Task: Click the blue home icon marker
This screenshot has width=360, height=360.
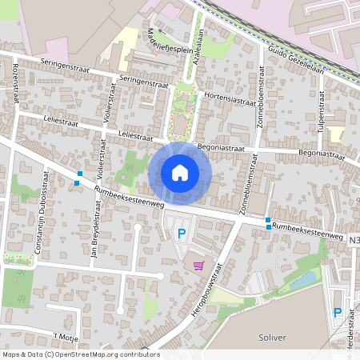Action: coord(180,173)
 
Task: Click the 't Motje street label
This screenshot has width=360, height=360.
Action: coord(66,335)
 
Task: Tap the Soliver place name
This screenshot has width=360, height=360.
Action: coord(273,338)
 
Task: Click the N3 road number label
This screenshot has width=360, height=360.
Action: coord(354,238)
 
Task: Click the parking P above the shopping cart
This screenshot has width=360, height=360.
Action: coord(182,234)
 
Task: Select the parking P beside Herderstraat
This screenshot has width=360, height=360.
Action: coord(337,313)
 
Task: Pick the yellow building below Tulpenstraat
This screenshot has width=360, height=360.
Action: coord(335,134)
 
